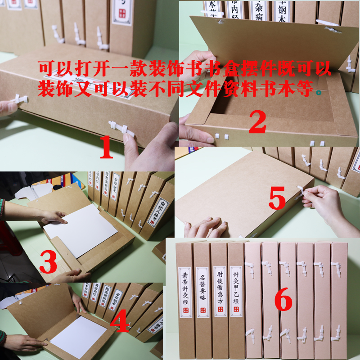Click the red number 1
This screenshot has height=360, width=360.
click(x=106, y=148)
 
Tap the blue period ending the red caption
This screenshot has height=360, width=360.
click(x=319, y=93)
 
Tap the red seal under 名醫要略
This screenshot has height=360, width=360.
click(x=202, y=310)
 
